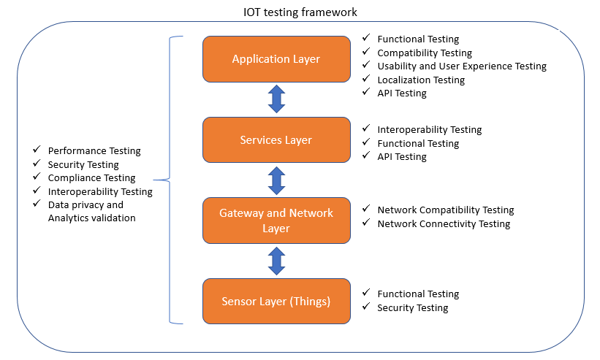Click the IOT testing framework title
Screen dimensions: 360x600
(x=300, y=12)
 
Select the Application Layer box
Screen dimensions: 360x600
(x=276, y=59)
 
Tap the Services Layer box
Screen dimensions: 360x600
(x=276, y=139)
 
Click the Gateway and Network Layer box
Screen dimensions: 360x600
(x=276, y=221)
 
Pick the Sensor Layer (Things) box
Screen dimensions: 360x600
(x=276, y=301)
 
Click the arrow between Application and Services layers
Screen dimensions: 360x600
(x=276, y=99)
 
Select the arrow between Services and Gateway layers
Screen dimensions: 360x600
(x=276, y=180)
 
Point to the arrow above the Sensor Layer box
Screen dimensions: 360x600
(x=276, y=261)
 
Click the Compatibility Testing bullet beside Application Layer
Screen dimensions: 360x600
(x=425, y=53)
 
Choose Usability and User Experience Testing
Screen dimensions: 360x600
(x=461, y=66)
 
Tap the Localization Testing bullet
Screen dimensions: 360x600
(x=421, y=80)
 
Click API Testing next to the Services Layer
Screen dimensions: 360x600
(x=402, y=156)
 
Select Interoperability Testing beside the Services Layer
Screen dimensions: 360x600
(x=429, y=129)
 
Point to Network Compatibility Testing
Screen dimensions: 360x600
(x=445, y=210)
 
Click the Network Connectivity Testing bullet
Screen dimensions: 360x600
(x=444, y=223)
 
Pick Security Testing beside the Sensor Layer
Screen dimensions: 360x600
(x=412, y=307)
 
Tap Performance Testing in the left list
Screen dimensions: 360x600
(x=94, y=150)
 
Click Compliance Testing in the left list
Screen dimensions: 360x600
(x=91, y=177)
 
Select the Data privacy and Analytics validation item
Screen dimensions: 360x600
(x=91, y=211)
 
